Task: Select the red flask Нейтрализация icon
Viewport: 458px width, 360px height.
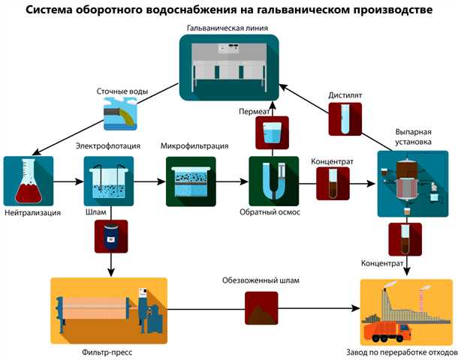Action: (28, 181)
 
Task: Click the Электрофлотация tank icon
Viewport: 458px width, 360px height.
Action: (108, 181)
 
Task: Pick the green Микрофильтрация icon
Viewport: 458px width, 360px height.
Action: (190, 181)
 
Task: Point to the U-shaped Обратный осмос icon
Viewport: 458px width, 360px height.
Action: (271, 181)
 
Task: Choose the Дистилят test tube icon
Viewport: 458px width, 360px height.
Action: (345, 119)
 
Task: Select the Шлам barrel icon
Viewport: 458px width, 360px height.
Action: (110, 235)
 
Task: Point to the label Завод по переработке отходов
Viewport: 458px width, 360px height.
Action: (406, 350)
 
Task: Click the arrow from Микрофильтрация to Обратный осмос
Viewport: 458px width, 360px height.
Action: (233, 181)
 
